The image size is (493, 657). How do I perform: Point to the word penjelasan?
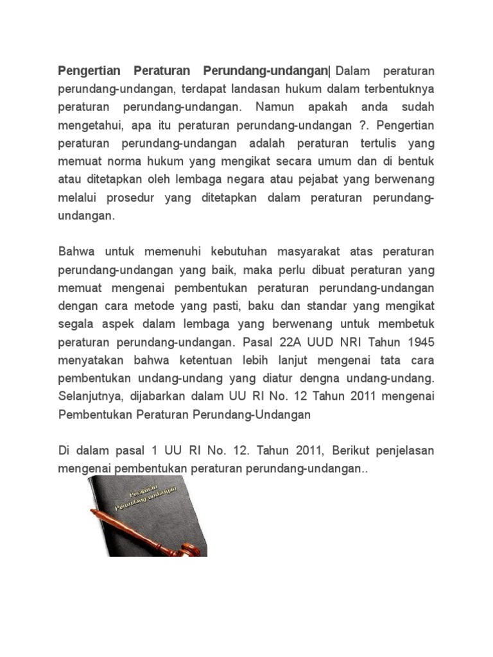click(406, 451)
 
